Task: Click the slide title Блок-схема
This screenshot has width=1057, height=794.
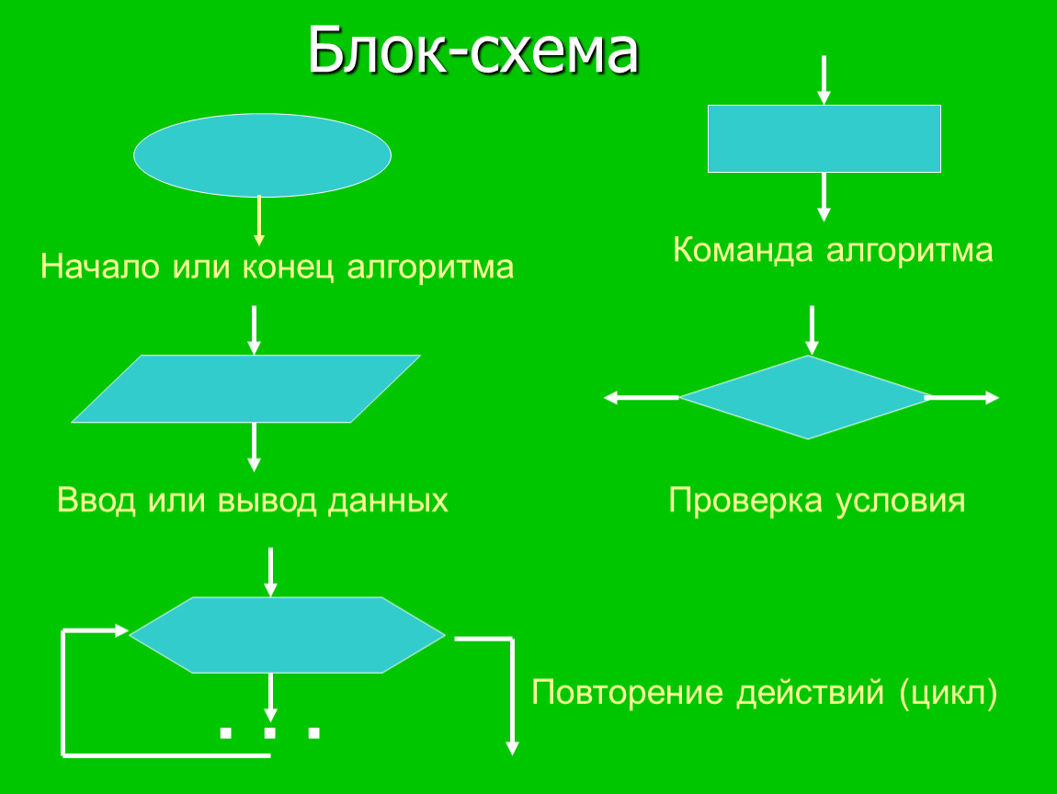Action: pos(473,51)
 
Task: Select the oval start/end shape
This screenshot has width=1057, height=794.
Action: pos(262,155)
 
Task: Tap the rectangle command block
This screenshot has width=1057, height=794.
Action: pos(824,139)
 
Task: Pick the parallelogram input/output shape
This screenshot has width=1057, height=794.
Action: pos(246,389)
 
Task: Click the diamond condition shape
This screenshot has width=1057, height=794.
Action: pos(806,398)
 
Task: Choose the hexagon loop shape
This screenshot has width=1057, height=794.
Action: pos(287,635)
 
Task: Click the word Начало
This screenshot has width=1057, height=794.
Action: pos(100,267)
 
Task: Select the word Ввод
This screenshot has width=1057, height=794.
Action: pos(97,500)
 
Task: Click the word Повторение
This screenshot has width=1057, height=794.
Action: pos(628,692)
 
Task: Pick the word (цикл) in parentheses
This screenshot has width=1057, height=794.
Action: pos(949,692)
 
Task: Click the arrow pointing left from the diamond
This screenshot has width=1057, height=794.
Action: pos(641,398)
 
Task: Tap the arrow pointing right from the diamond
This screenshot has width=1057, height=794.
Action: pos(962,398)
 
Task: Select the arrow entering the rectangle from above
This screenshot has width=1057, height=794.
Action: pos(824,80)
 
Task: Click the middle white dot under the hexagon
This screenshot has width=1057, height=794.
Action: pos(269,732)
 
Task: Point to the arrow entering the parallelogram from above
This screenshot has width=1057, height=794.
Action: pos(254,330)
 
